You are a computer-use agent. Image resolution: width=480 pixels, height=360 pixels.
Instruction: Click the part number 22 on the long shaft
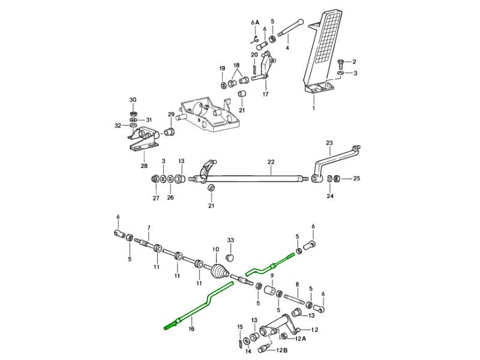pyautogui.click(x=271, y=163)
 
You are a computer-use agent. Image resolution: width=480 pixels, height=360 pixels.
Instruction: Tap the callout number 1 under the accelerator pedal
pyautogui.click(x=313, y=109)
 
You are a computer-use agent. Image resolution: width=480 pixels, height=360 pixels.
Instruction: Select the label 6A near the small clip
pyautogui.click(x=255, y=23)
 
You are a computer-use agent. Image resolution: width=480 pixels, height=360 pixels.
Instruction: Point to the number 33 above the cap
pyautogui.click(x=230, y=240)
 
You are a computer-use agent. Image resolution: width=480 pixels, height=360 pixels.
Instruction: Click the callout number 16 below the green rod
pyautogui.click(x=191, y=329)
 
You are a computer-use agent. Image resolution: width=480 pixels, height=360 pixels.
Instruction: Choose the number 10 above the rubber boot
pyautogui.click(x=216, y=249)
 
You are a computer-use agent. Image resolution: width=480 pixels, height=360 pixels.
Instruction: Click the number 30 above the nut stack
pyautogui.click(x=133, y=100)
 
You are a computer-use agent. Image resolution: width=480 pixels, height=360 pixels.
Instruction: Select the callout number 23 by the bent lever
pyautogui.click(x=329, y=143)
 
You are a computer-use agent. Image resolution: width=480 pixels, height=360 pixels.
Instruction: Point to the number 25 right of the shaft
pyautogui.click(x=356, y=178)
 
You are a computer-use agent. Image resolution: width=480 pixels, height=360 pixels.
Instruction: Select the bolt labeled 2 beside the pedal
pyautogui.click(x=341, y=61)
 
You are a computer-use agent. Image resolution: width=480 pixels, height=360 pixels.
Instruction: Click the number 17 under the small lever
pyautogui.click(x=265, y=94)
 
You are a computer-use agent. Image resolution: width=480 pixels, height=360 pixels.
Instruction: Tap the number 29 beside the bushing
pyautogui.click(x=170, y=115)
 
